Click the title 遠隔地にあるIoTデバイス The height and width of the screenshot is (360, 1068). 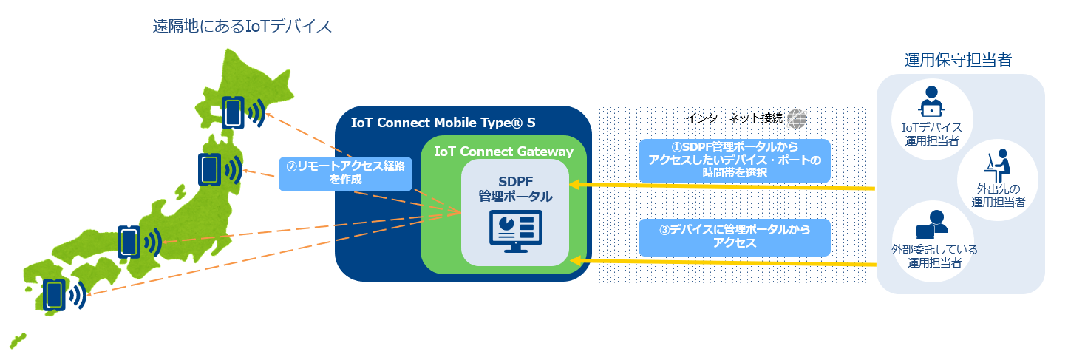point(242,26)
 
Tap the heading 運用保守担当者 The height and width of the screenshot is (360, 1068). point(958,60)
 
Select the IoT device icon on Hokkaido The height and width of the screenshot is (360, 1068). point(233,112)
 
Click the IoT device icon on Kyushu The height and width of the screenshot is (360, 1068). point(54,295)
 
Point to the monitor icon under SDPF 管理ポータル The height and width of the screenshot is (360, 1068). point(515,231)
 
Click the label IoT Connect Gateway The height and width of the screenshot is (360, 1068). point(503,152)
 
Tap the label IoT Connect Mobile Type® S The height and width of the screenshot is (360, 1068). point(443,123)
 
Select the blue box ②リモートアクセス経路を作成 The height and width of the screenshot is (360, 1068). point(345,174)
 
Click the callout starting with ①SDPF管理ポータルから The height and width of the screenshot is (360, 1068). point(734,160)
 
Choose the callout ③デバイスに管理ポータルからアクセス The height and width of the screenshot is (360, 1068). point(734,237)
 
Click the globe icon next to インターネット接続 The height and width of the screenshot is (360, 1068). point(796,119)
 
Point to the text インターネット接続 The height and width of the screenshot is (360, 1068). point(734,118)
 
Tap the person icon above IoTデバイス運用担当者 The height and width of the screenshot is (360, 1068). point(931,101)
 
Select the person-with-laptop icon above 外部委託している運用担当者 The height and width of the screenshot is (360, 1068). point(932,224)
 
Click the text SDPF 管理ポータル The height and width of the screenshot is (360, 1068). point(515,189)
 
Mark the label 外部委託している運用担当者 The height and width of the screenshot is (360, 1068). point(934,256)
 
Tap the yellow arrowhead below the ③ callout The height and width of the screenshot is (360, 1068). point(576,261)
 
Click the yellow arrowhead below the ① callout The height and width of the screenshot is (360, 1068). point(576,185)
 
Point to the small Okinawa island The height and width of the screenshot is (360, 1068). point(18,341)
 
